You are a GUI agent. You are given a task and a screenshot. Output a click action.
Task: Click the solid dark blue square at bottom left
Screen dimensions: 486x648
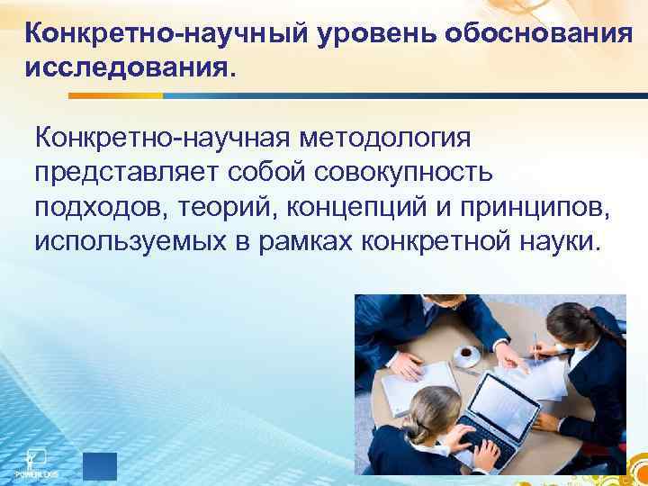pyautogui.click(x=99, y=464)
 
